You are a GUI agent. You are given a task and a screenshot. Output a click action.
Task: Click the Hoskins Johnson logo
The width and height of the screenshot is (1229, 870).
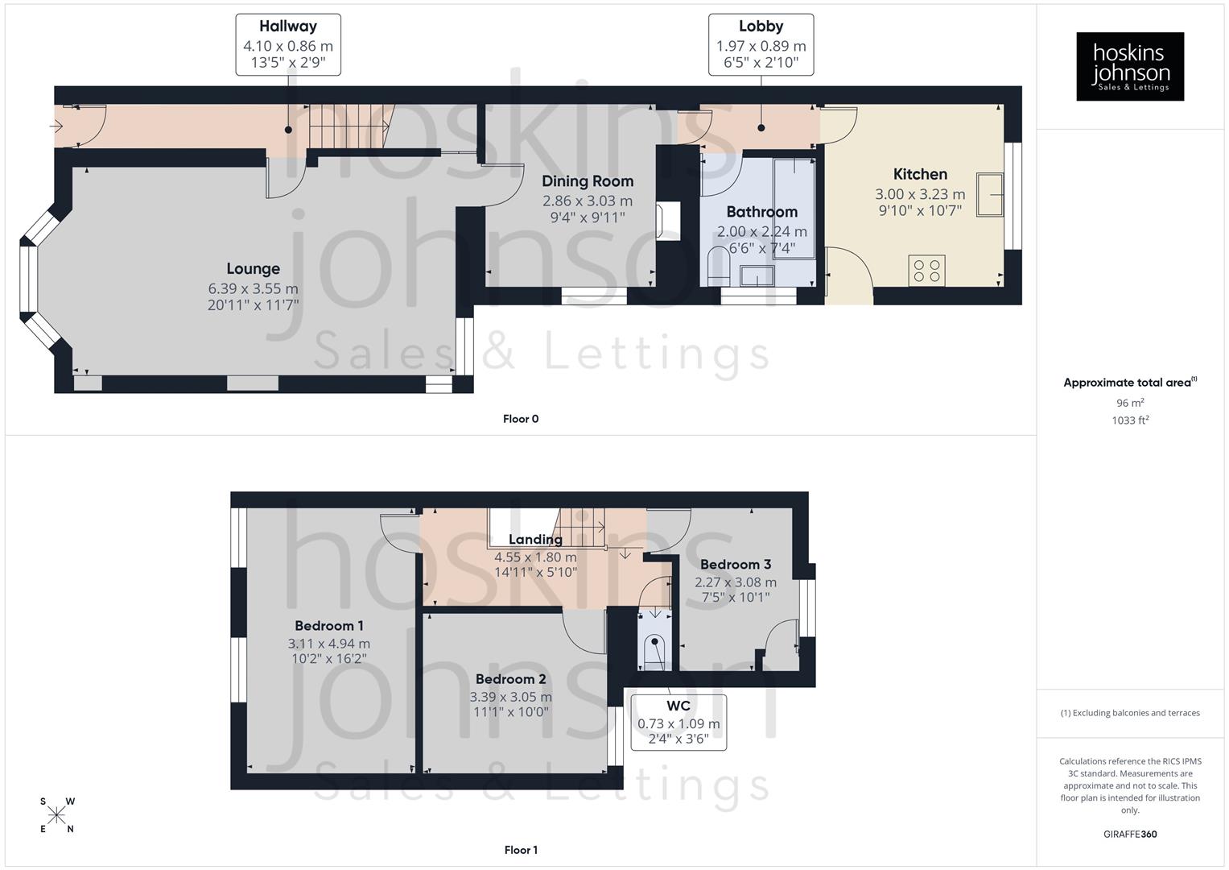(x=1130, y=67)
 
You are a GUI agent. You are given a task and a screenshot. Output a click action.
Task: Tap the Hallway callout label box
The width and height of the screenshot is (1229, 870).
(x=288, y=45)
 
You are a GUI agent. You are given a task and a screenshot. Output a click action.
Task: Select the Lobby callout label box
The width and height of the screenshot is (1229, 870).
(x=761, y=45)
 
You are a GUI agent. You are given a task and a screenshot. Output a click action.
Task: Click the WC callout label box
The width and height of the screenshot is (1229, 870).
(x=678, y=723)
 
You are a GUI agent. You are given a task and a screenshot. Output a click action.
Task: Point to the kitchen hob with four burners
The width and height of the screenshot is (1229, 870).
(x=926, y=271)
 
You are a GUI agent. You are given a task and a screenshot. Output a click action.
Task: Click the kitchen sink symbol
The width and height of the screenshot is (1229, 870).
(x=990, y=194)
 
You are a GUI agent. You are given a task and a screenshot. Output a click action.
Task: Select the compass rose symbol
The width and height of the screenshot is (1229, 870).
(x=56, y=815)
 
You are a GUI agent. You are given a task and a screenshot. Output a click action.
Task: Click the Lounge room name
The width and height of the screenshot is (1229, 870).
(x=253, y=269)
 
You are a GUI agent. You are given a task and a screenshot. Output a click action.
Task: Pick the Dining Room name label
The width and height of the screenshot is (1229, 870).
(x=587, y=181)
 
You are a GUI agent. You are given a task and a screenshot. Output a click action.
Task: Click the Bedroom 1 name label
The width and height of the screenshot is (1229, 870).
(x=328, y=626)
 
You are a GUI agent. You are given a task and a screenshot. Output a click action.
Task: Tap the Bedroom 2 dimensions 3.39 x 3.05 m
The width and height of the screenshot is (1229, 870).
(x=511, y=697)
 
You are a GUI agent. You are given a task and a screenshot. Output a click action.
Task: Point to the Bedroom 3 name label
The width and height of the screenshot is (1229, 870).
(x=735, y=564)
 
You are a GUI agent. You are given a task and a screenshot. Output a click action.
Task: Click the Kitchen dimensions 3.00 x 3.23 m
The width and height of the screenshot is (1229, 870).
(x=920, y=194)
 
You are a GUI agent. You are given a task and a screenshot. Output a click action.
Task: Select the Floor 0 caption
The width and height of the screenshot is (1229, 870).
(x=521, y=419)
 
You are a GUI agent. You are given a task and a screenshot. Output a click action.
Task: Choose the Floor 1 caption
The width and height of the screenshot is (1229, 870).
(x=521, y=850)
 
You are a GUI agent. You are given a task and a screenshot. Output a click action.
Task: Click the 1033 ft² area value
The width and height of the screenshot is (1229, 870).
(x=1130, y=420)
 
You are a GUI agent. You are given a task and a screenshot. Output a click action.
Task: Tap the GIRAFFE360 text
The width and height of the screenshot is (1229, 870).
(x=1130, y=835)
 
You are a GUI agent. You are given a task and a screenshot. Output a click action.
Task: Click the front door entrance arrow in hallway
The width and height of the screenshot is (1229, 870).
(x=57, y=126)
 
